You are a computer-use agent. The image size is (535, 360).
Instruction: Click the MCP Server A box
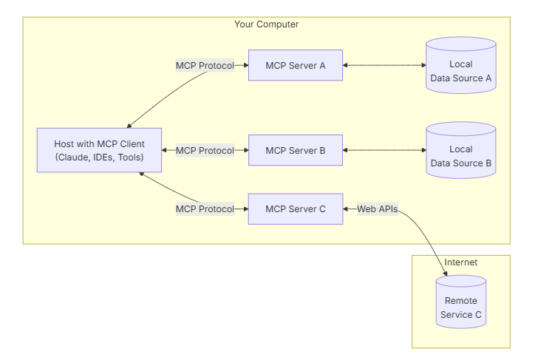click(295, 65)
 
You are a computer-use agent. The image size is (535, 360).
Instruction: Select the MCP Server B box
click(295, 150)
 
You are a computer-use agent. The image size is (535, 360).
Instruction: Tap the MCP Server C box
click(295, 208)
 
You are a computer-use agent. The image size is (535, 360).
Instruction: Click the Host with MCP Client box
click(100, 150)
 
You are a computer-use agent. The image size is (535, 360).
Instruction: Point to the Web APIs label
click(378, 208)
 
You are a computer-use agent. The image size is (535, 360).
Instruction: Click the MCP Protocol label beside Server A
click(205, 65)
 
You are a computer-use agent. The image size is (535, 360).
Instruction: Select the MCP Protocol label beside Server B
click(205, 150)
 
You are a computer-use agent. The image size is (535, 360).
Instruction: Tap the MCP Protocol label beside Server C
click(205, 208)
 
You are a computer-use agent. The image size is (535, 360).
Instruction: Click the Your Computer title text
click(266, 24)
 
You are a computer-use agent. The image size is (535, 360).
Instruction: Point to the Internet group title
click(460, 262)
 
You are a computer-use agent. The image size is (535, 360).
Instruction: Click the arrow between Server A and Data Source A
click(384, 65)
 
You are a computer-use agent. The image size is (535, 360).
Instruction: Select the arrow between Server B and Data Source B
click(384, 150)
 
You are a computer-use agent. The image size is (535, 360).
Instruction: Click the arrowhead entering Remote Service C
click(443, 275)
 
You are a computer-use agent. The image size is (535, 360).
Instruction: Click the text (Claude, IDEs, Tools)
click(100, 157)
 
